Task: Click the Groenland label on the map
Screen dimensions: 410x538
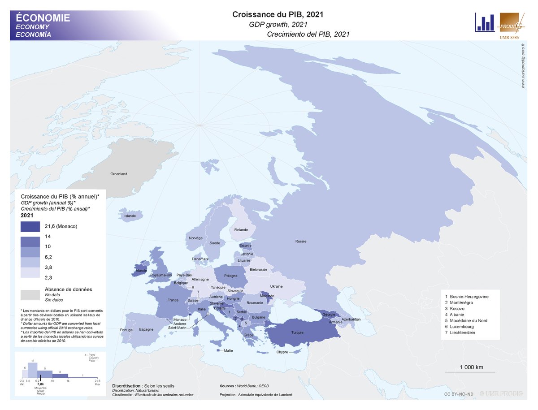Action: tap(119, 174)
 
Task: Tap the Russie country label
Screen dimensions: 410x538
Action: tap(301, 242)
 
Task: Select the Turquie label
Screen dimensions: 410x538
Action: tap(297, 332)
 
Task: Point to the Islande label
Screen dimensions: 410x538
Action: tap(130, 216)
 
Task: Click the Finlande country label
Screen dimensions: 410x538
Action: tap(241, 230)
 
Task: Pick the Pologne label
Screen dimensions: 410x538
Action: tap(230, 276)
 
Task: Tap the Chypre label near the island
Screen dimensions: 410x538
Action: tap(282, 352)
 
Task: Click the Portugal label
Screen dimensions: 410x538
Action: tap(127, 330)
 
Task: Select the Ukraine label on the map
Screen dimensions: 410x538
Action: tap(276, 286)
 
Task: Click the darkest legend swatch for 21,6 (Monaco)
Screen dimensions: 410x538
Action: tap(30, 227)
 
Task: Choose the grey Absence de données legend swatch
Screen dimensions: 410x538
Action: tap(30, 294)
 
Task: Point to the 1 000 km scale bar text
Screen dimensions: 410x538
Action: tap(471, 367)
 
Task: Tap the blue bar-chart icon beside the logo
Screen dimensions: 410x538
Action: tap(485, 22)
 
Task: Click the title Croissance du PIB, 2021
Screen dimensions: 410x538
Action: tap(278, 14)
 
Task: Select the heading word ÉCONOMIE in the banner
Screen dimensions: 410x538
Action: tap(43, 18)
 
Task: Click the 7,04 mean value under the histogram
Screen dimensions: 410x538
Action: tap(40, 384)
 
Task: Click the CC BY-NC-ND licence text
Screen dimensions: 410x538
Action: tap(458, 394)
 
